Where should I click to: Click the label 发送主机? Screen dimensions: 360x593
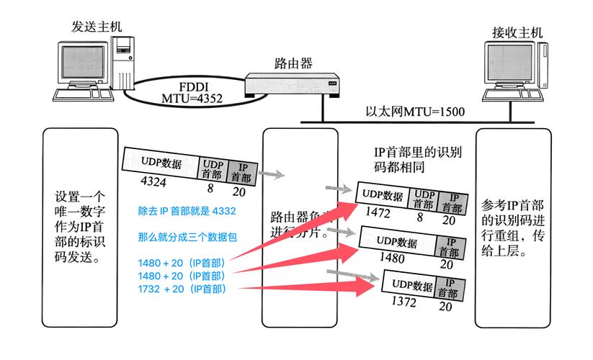click(x=96, y=26)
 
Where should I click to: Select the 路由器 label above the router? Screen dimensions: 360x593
click(x=293, y=63)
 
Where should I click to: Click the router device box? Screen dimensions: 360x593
click(x=293, y=86)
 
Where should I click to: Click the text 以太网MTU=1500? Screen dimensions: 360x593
click(x=414, y=112)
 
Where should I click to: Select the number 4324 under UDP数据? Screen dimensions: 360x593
click(x=153, y=182)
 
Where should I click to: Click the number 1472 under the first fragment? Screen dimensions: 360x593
click(x=378, y=212)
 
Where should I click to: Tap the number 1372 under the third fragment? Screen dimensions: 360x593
click(x=405, y=302)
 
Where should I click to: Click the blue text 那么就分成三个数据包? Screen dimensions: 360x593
click(x=187, y=237)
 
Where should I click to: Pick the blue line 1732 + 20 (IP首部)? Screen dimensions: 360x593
click(x=182, y=289)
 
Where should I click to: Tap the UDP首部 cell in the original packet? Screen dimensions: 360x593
click(x=213, y=170)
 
